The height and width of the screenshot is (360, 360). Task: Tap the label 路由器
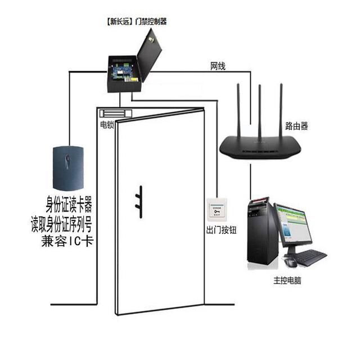click(x=296, y=126)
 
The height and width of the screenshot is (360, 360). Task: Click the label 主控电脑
click(x=287, y=280)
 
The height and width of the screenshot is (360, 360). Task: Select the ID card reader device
click(x=67, y=167)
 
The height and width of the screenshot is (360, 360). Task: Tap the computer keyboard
click(x=309, y=258)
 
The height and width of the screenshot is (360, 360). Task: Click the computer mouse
click(x=290, y=262)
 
